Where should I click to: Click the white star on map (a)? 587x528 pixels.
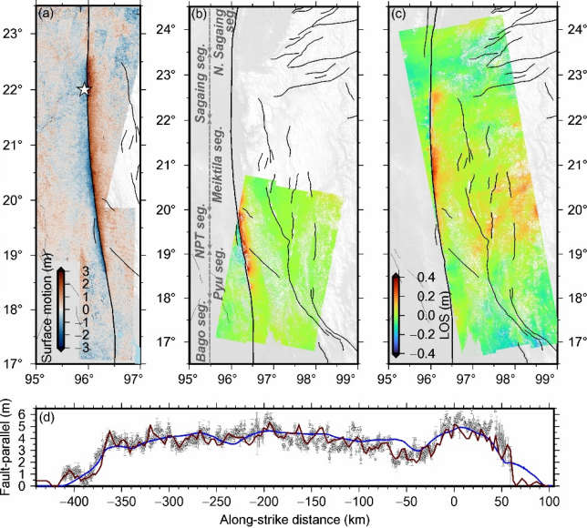coord(84,89)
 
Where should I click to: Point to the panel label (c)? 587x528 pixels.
coord(397,14)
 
